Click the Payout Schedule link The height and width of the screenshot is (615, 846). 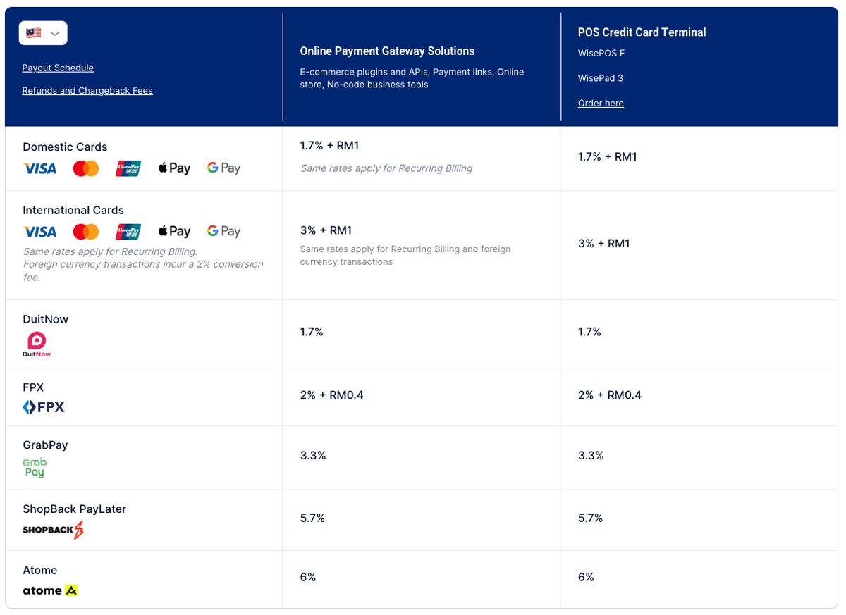click(58, 68)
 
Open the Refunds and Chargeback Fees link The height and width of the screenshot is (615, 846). click(87, 90)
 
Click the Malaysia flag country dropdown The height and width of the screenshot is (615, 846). click(43, 33)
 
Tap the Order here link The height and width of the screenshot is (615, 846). click(601, 103)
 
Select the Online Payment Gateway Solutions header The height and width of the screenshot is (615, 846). click(387, 51)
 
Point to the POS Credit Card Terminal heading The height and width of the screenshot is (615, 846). click(642, 32)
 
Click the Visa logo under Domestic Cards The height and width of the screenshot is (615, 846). click(40, 168)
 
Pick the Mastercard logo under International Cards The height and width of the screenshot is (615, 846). click(86, 232)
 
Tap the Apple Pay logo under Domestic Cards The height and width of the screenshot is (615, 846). click(174, 168)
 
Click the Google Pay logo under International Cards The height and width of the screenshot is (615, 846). click(223, 232)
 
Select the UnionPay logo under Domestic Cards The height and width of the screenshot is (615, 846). click(129, 168)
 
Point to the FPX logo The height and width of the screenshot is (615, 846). click(44, 407)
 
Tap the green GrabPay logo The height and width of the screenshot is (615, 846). click(35, 467)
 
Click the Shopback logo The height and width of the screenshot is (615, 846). click(53, 530)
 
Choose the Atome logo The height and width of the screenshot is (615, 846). click(50, 590)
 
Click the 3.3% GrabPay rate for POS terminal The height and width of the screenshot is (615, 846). click(591, 456)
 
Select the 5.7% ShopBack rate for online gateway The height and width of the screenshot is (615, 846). click(312, 518)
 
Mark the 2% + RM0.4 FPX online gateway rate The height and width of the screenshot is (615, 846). click(331, 395)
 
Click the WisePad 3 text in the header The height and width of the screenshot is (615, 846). click(601, 78)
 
